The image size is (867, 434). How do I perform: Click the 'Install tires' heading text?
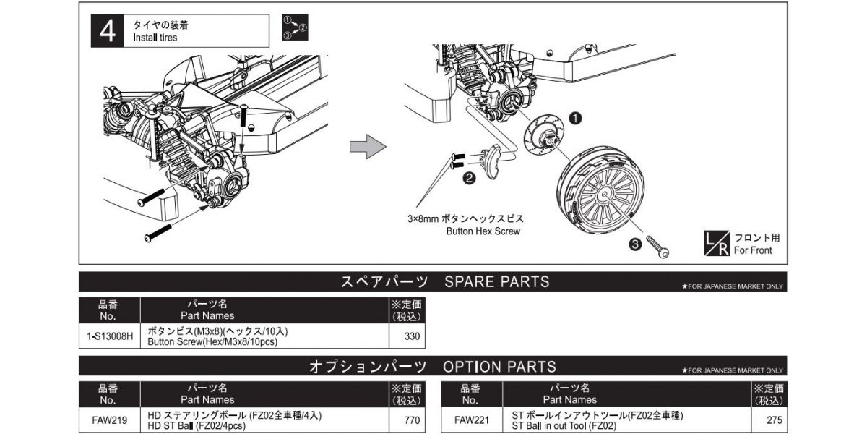point(155,38)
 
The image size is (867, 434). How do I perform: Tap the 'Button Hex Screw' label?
point(483,231)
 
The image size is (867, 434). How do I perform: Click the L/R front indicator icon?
point(717,243)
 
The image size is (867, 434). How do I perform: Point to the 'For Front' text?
point(753,250)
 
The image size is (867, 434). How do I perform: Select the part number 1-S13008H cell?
point(109,336)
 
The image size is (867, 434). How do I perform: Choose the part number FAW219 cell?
point(109,420)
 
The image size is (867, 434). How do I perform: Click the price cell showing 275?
point(769,420)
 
